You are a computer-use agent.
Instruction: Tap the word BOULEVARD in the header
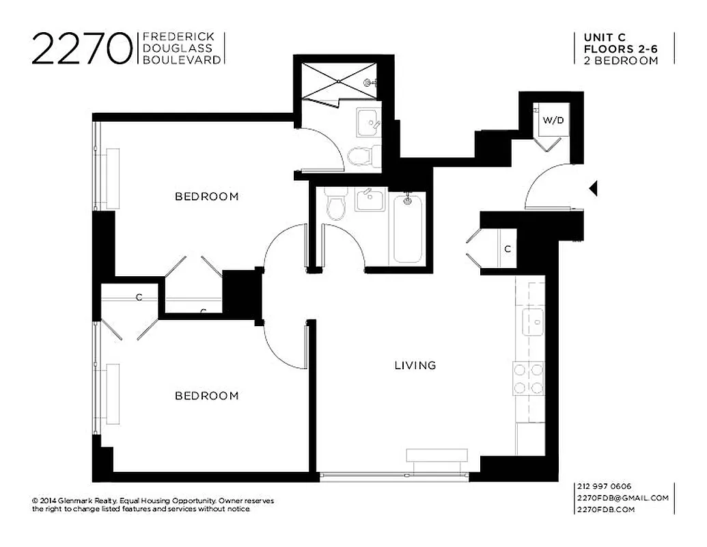click(181, 60)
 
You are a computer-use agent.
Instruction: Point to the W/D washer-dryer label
click(553, 120)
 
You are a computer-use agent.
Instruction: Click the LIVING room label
click(415, 365)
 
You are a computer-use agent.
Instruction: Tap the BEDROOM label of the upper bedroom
click(207, 197)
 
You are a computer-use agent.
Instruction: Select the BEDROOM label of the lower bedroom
click(207, 396)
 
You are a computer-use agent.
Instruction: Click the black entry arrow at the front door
click(594, 187)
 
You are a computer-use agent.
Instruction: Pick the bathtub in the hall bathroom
click(408, 227)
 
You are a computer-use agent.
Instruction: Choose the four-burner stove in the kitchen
click(529, 379)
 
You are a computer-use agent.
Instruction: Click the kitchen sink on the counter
click(532, 321)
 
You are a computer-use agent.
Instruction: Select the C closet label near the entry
click(507, 250)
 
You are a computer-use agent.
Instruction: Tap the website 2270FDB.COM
click(607, 509)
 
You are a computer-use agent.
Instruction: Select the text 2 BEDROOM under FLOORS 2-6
click(621, 60)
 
